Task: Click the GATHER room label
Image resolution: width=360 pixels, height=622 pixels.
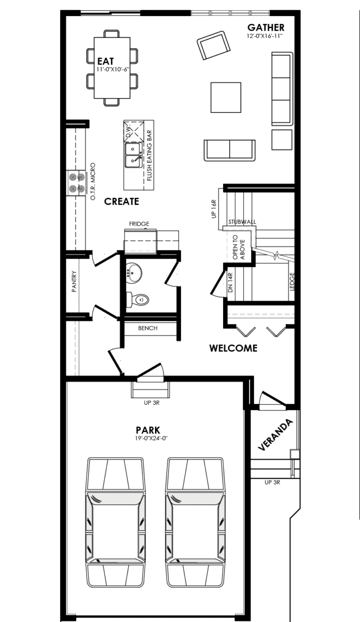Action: [x=266, y=27]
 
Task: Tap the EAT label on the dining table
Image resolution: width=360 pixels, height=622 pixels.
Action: [x=105, y=61]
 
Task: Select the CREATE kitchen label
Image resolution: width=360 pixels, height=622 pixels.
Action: [x=121, y=201]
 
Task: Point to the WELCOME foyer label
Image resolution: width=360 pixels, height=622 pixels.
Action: [x=233, y=348]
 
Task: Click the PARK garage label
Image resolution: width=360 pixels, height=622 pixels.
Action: [x=148, y=430]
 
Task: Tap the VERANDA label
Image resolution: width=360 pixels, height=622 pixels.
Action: [x=275, y=434]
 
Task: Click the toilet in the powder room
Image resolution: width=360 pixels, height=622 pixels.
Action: [x=137, y=300]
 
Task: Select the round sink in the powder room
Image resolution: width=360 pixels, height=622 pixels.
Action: [x=134, y=273]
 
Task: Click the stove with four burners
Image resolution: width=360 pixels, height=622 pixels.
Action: [x=76, y=183]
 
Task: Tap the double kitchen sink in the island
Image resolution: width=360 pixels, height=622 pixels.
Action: [x=133, y=155]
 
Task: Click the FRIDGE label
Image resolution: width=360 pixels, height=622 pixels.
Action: [x=139, y=224]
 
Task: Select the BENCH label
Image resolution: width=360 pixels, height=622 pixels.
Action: [x=148, y=328]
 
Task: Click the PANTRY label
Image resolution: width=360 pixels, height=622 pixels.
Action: [x=74, y=281]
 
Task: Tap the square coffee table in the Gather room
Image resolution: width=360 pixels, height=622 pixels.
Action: [x=226, y=97]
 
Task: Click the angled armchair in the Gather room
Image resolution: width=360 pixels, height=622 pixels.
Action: [x=214, y=45]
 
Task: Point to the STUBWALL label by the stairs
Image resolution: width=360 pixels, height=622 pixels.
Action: [x=242, y=222]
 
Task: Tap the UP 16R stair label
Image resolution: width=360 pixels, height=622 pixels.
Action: [x=214, y=209]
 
